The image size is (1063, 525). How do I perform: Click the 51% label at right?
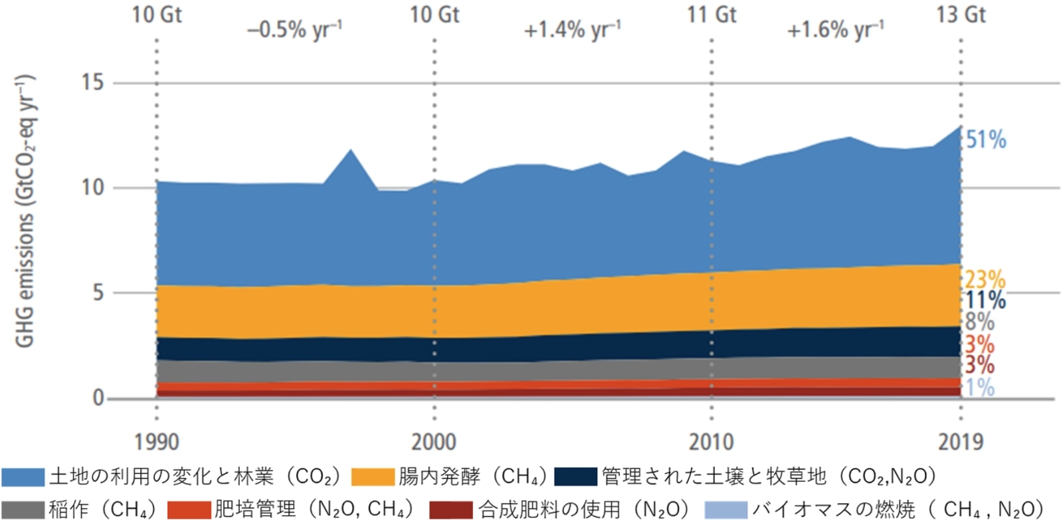[985, 140]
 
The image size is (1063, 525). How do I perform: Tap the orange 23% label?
[985, 280]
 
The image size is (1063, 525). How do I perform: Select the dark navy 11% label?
[985, 300]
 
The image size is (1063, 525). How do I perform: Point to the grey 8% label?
[979, 322]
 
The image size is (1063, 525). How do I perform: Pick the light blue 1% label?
[979, 387]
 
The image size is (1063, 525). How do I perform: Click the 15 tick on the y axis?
[92, 82]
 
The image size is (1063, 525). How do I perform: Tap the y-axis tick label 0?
[98, 398]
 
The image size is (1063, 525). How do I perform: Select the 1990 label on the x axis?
[156, 442]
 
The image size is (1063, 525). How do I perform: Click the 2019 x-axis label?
[960, 442]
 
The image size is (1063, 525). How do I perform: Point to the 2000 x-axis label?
[434, 442]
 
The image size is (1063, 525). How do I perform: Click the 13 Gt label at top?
[961, 15]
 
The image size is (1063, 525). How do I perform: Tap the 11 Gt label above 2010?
[711, 15]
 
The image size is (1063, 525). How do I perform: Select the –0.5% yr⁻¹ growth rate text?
[294, 30]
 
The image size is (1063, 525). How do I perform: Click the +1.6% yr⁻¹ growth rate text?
[835, 30]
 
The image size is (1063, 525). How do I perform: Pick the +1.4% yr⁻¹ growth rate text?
[572, 30]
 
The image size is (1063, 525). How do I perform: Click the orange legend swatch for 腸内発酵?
[372, 477]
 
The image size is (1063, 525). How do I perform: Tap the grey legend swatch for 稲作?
[23, 510]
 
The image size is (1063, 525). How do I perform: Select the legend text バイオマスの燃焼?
[833, 510]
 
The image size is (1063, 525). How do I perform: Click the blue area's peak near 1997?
[350, 152]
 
